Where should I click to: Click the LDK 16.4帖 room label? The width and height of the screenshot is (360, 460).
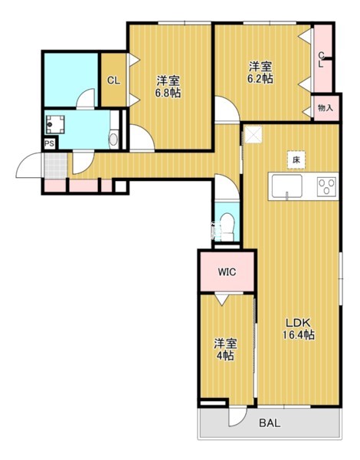point(299,329)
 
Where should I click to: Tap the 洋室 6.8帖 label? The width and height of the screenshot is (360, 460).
point(168,87)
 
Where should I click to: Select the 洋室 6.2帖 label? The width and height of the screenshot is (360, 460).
point(260,72)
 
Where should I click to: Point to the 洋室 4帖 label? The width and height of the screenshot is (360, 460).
point(225,350)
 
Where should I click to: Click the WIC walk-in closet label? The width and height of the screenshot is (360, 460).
point(227,272)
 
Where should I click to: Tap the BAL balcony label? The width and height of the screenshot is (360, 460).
point(270,422)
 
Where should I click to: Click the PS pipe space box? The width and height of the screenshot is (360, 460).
point(50,144)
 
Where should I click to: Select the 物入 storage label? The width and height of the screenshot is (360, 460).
point(326,108)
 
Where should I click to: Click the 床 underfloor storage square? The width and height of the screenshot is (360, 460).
point(296,160)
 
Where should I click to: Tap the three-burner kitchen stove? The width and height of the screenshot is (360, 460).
point(327,186)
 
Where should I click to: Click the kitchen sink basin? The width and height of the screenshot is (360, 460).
point(286,186)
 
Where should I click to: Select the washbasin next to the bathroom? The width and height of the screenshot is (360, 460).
point(113,140)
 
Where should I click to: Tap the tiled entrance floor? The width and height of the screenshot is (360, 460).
point(56,165)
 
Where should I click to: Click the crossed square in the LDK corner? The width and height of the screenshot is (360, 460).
point(254,135)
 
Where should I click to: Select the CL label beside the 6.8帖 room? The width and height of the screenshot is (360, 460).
point(113,80)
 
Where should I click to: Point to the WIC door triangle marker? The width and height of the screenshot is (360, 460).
point(221,299)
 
